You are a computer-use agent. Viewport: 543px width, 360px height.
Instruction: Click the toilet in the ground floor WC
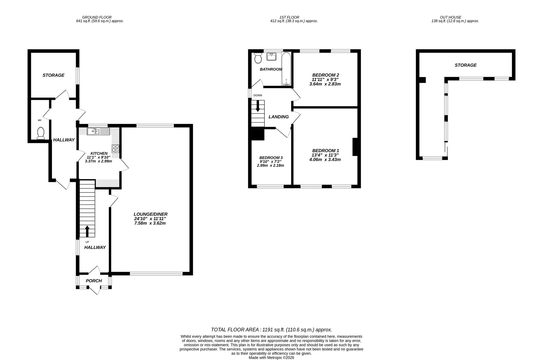click(x=41, y=133)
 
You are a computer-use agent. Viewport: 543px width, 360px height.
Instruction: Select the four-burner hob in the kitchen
click(x=115, y=149)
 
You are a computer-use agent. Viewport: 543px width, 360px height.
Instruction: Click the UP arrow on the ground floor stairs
click(x=87, y=231)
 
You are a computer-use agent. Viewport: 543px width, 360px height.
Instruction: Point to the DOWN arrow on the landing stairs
click(x=258, y=106)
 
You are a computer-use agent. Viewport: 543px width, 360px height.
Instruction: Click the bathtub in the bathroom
click(x=286, y=68)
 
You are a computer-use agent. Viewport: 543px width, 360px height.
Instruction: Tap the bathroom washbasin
click(x=271, y=56)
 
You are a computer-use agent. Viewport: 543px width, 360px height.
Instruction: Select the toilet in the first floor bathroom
click(x=258, y=58)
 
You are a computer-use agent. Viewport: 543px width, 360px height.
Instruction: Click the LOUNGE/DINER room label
click(x=150, y=214)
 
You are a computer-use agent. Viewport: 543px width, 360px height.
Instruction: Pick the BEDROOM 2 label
click(x=326, y=75)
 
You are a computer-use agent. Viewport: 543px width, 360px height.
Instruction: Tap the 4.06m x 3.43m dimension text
click(x=325, y=160)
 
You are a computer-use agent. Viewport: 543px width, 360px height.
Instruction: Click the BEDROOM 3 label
click(x=271, y=158)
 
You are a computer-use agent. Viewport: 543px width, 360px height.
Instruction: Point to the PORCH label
click(x=94, y=281)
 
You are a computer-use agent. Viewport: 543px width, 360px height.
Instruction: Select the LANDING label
click(x=279, y=117)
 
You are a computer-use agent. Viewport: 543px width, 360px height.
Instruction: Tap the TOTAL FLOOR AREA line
click(x=271, y=330)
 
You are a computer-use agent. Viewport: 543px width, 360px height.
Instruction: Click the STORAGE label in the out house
click(x=466, y=65)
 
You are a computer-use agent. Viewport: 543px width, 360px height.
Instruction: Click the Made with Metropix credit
click(x=271, y=358)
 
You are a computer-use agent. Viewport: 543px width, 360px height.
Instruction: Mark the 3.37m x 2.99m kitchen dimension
click(x=98, y=161)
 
